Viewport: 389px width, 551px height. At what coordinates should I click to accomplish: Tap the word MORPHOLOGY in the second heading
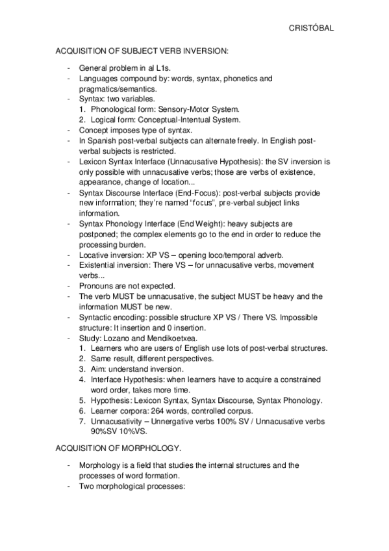[148, 448]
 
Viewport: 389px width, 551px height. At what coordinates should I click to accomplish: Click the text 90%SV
[105, 431]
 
